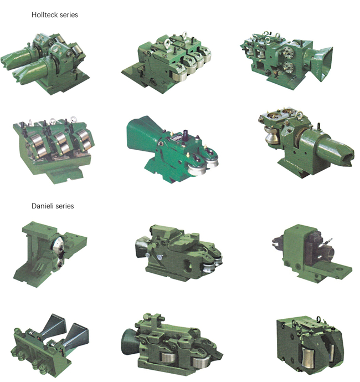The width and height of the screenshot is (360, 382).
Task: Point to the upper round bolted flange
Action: (288, 51)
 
